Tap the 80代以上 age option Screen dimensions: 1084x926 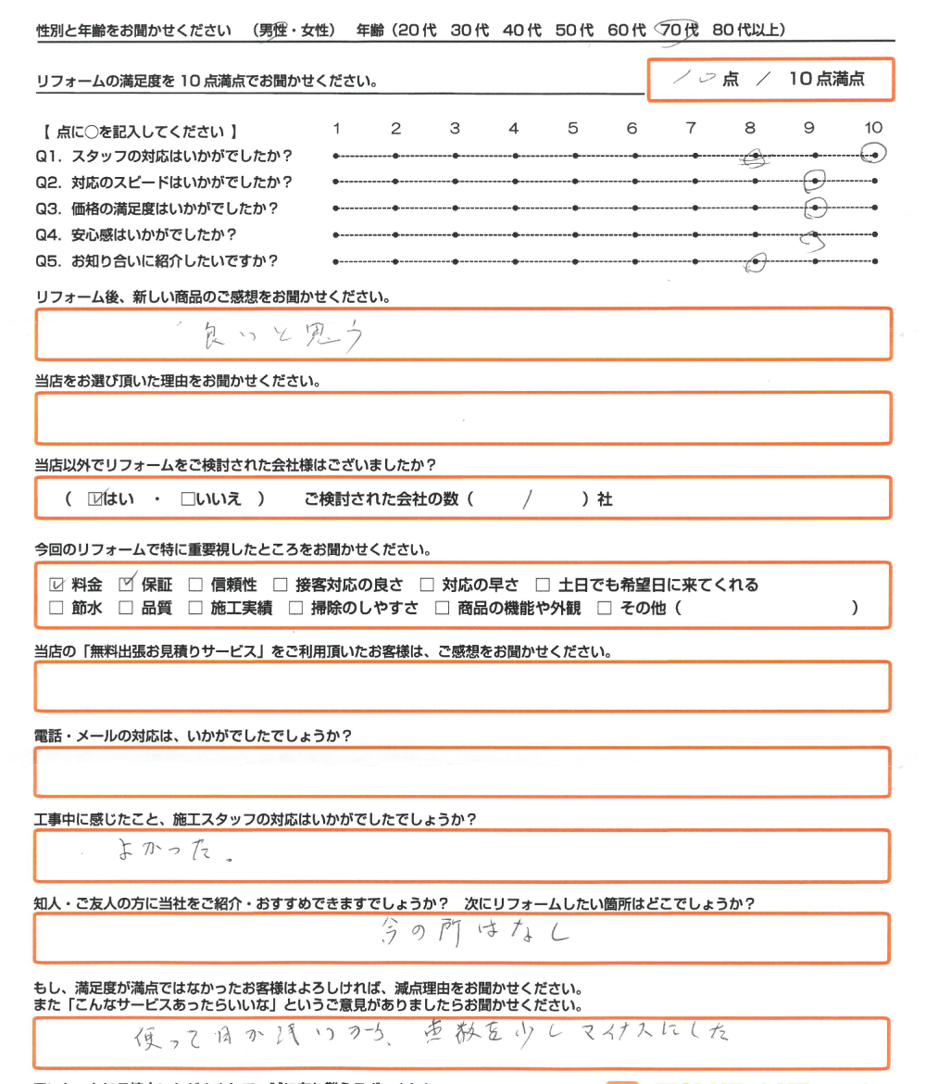pyautogui.click(x=749, y=30)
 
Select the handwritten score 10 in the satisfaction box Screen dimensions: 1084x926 pyautogui.click(x=691, y=79)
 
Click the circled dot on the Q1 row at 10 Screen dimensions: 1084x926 pyautogui.click(x=873, y=155)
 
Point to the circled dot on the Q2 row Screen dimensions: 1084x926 pyautogui.click(x=815, y=181)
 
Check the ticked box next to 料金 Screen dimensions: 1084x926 pyautogui.click(x=56, y=585)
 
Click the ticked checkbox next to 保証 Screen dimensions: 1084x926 pyautogui.click(x=127, y=584)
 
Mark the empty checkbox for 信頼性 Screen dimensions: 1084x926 pyautogui.click(x=194, y=585)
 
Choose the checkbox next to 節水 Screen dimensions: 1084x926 pyautogui.click(x=56, y=609)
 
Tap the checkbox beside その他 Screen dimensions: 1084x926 pyautogui.click(x=605, y=609)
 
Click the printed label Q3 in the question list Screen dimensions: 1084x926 pyautogui.click(x=47, y=208)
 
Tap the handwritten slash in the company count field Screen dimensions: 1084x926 pyautogui.click(x=528, y=499)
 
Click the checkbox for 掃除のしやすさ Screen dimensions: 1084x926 pyautogui.click(x=295, y=609)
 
